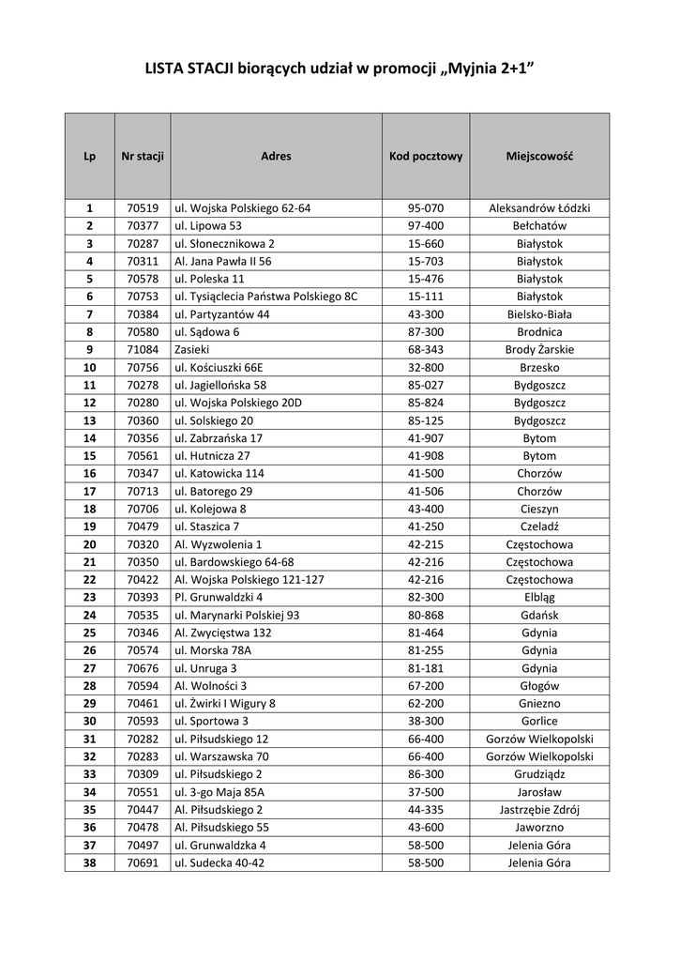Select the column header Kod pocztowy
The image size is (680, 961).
pyautogui.click(x=426, y=156)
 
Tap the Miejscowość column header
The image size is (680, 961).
pyautogui.click(x=539, y=156)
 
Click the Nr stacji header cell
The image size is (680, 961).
pyautogui.click(x=143, y=156)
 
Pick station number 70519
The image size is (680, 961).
pyautogui.click(x=143, y=208)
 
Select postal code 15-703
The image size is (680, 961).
pyautogui.click(x=426, y=261)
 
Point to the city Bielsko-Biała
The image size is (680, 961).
pyautogui.click(x=539, y=314)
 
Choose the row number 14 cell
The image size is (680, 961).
pyautogui.click(x=90, y=438)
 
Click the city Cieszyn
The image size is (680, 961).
pyautogui.click(x=539, y=509)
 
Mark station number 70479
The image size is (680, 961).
pyautogui.click(x=143, y=526)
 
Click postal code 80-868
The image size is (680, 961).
pyautogui.click(x=426, y=615)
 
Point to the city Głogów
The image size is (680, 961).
pyautogui.click(x=539, y=685)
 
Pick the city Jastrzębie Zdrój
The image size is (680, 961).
pyautogui.click(x=539, y=809)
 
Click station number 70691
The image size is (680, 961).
pyautogui.click(x=143, y=862)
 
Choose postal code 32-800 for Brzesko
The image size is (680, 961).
pyautogui.click(x=426, y=368)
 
